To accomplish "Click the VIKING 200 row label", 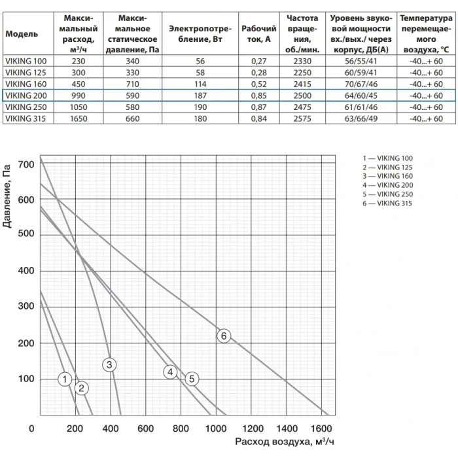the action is point(26,96).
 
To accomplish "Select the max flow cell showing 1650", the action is point(79,118).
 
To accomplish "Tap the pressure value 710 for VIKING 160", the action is point(133,84).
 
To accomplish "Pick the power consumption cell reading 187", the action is point(200,96).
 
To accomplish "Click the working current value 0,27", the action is point(259,62).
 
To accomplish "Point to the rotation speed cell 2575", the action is point(302,118).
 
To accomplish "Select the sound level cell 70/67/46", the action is point(361,84).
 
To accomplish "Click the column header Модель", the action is point(22,34).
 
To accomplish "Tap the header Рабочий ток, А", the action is point(259,34).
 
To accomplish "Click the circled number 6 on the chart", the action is point(224,336).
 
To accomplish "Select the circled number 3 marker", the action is point(109,364).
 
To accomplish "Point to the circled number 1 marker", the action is point(65,379).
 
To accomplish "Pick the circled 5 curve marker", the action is point(192,379).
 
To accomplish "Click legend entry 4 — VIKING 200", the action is point(388,185).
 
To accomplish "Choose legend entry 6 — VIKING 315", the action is point(387,203).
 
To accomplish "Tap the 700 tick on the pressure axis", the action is point(26,164).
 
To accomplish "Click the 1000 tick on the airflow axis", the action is point(216,429).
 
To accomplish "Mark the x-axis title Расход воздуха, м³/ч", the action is point(284,442).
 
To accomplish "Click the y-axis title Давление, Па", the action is point(7,196).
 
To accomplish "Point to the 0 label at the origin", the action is point(31,429).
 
